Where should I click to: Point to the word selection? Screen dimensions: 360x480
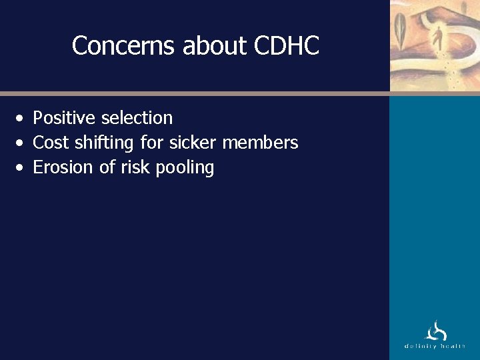pos(137,118)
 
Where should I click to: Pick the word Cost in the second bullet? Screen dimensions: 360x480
pos(51,143)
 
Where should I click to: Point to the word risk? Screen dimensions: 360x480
pos(135,167)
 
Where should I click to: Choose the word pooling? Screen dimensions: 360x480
pos(185,167)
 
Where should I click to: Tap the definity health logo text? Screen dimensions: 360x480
pos(435,347)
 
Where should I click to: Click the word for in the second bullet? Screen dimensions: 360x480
pos(152,143)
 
